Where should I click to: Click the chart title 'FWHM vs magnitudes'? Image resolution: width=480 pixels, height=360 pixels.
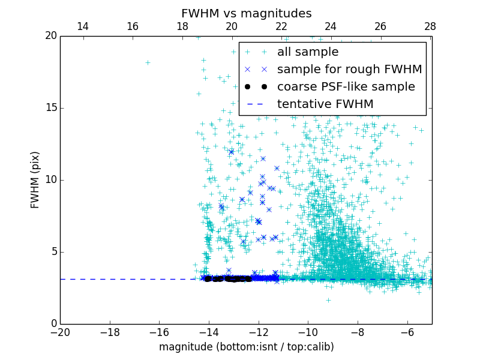[246, 13]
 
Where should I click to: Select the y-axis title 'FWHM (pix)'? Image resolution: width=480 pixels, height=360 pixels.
[35, 180]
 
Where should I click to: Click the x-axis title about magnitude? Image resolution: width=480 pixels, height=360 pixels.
[246, 347]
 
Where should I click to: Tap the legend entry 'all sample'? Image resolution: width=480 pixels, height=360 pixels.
[308, 52]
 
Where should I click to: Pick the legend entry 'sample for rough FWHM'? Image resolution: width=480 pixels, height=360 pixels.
[349, 70]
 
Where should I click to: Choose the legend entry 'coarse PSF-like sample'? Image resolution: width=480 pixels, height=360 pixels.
[346, 87]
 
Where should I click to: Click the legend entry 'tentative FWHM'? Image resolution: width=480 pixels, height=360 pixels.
[325, 104]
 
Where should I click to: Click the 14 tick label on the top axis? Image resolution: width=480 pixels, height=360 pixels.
[83, 26]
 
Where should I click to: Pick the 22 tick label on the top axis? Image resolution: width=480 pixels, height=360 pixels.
[281, 26]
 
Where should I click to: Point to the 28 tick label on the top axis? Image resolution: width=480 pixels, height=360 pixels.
[430, 26]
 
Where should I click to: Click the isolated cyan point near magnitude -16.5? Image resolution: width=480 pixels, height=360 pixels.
[148, 62]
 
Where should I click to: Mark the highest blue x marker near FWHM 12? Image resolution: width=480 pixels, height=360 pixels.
[231, 151]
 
